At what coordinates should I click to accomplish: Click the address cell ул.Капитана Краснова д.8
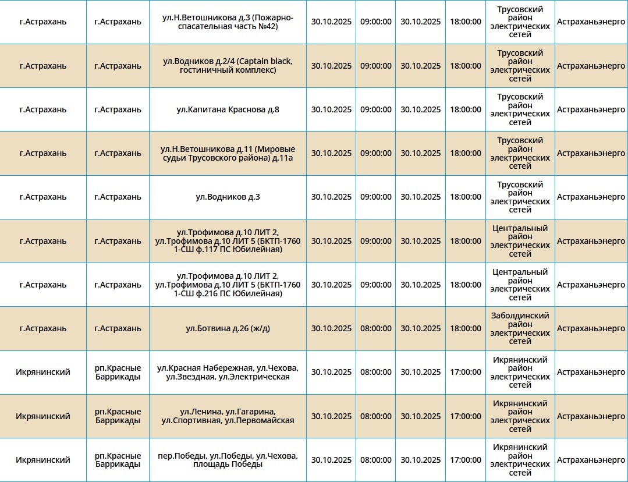228,109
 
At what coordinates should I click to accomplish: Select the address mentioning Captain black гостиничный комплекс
228,66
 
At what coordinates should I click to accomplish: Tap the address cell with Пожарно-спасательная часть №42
228,22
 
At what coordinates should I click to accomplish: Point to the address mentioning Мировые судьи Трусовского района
228,153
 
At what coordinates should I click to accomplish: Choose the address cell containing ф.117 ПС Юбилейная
228,241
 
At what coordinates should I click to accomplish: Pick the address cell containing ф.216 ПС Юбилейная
228,285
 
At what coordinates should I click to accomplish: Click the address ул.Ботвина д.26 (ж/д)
228,328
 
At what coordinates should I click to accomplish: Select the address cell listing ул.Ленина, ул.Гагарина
228,416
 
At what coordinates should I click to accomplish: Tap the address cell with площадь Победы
228,460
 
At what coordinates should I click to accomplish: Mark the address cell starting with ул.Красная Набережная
228,372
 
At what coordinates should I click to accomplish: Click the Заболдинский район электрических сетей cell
520,328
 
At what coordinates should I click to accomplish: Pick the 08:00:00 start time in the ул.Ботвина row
375,328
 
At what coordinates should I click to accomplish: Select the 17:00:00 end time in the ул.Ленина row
465,416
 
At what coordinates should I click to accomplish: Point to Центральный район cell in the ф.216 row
520,285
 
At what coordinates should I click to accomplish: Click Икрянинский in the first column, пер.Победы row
43,460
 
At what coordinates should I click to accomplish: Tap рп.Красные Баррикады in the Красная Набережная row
118,372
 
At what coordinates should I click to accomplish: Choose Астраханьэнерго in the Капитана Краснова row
591,109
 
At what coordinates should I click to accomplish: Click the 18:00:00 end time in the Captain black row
465,66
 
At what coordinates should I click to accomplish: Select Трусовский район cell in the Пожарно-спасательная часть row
520,22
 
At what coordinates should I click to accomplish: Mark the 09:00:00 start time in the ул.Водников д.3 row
375,197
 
